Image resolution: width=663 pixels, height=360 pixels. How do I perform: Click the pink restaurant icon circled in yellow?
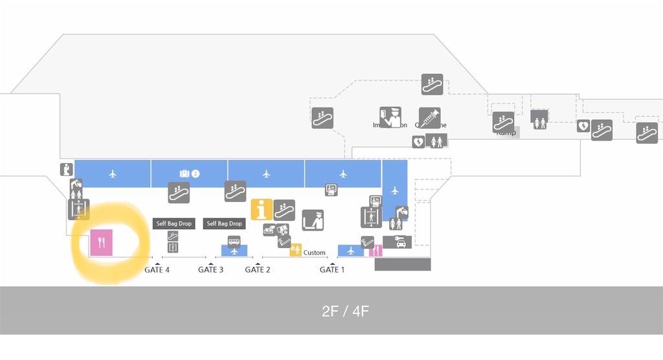point(101,243)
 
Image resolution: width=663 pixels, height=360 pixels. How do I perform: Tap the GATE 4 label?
point(157,269)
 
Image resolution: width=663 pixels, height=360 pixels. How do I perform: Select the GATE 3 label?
point(210,269)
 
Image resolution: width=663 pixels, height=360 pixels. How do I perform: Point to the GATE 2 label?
point(258,269)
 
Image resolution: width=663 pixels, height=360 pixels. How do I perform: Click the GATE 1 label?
point(332,269)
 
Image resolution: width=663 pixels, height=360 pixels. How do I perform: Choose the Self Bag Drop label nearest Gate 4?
point(173,223)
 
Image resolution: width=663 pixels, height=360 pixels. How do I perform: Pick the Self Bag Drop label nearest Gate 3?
point(224,223)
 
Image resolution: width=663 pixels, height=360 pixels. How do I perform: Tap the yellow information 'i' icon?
point(262,209)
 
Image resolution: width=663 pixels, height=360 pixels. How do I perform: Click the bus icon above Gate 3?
point(234,242)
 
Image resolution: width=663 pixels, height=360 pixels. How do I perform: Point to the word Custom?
point(315,253)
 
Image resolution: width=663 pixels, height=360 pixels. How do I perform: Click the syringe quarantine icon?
point(429,118)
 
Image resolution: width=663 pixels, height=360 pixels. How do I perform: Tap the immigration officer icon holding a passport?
point(390,117)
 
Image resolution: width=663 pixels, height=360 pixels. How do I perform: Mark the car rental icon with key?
point(397,242)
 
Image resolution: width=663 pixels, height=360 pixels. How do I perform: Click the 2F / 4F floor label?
point(345,311)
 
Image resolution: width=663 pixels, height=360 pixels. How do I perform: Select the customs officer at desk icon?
point(313,220)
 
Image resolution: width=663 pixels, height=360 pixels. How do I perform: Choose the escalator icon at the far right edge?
point(646,132)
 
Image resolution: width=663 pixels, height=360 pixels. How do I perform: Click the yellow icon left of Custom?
point(296,250)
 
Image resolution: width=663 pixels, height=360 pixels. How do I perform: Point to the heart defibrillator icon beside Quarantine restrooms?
point(418,141)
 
